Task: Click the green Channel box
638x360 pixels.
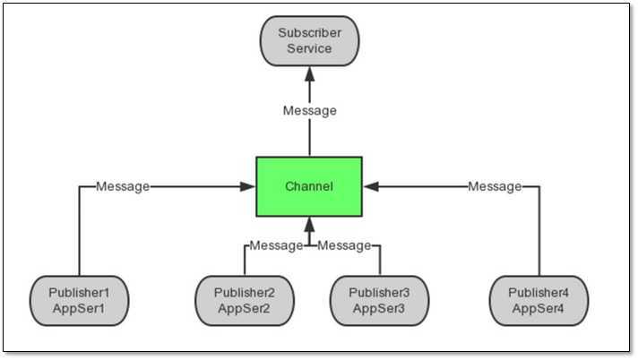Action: (x=309, y=186)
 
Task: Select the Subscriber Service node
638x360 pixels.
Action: (x=309, y=40)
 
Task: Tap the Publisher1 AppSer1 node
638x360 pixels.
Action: (x=79, y=300)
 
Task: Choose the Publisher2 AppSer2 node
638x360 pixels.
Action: (x=245, y=300)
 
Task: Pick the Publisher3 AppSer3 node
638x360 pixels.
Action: (x=379, y=300)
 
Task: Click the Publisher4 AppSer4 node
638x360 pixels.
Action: (x=539, y=300)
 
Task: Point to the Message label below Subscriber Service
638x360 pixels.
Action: (x=309, y=111)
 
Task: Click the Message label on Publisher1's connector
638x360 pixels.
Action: (x=123, y=186)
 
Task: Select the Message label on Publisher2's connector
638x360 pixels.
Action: (x=276, y=245)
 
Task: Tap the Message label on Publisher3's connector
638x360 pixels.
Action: (x=345, y=245)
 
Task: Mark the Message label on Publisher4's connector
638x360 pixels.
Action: (x=495, y=186)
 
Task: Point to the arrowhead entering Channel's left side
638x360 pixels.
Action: (x=249, y=186)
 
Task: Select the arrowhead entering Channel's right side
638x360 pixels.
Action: (x=370, y=186)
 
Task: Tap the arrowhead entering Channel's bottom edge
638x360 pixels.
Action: (x=309, y=223)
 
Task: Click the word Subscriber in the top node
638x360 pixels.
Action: (x=309, y=33)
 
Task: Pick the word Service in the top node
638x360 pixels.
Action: (x=309, y=48)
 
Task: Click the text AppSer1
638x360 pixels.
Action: (x=79, y=308)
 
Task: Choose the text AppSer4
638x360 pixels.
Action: (x=539, y=308)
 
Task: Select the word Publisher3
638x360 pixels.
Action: (x=379, y=293)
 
